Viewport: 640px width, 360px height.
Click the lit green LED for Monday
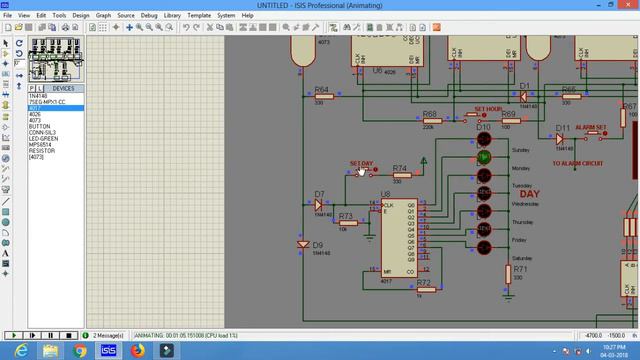(x=484, y=157)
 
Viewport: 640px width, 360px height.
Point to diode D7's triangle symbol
(x=319, y=204)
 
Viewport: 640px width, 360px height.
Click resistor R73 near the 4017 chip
(x=346, y=223)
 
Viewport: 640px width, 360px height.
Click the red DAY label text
(x=530, y=194)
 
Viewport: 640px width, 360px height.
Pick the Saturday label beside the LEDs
(x=525, y=259)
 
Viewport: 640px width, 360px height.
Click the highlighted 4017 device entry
(x=36, y=108)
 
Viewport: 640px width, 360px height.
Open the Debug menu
(x=149, y=16)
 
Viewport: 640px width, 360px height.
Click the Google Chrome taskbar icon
(x=79, y=351)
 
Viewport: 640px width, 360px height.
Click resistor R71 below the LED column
(x=519, y=278)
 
